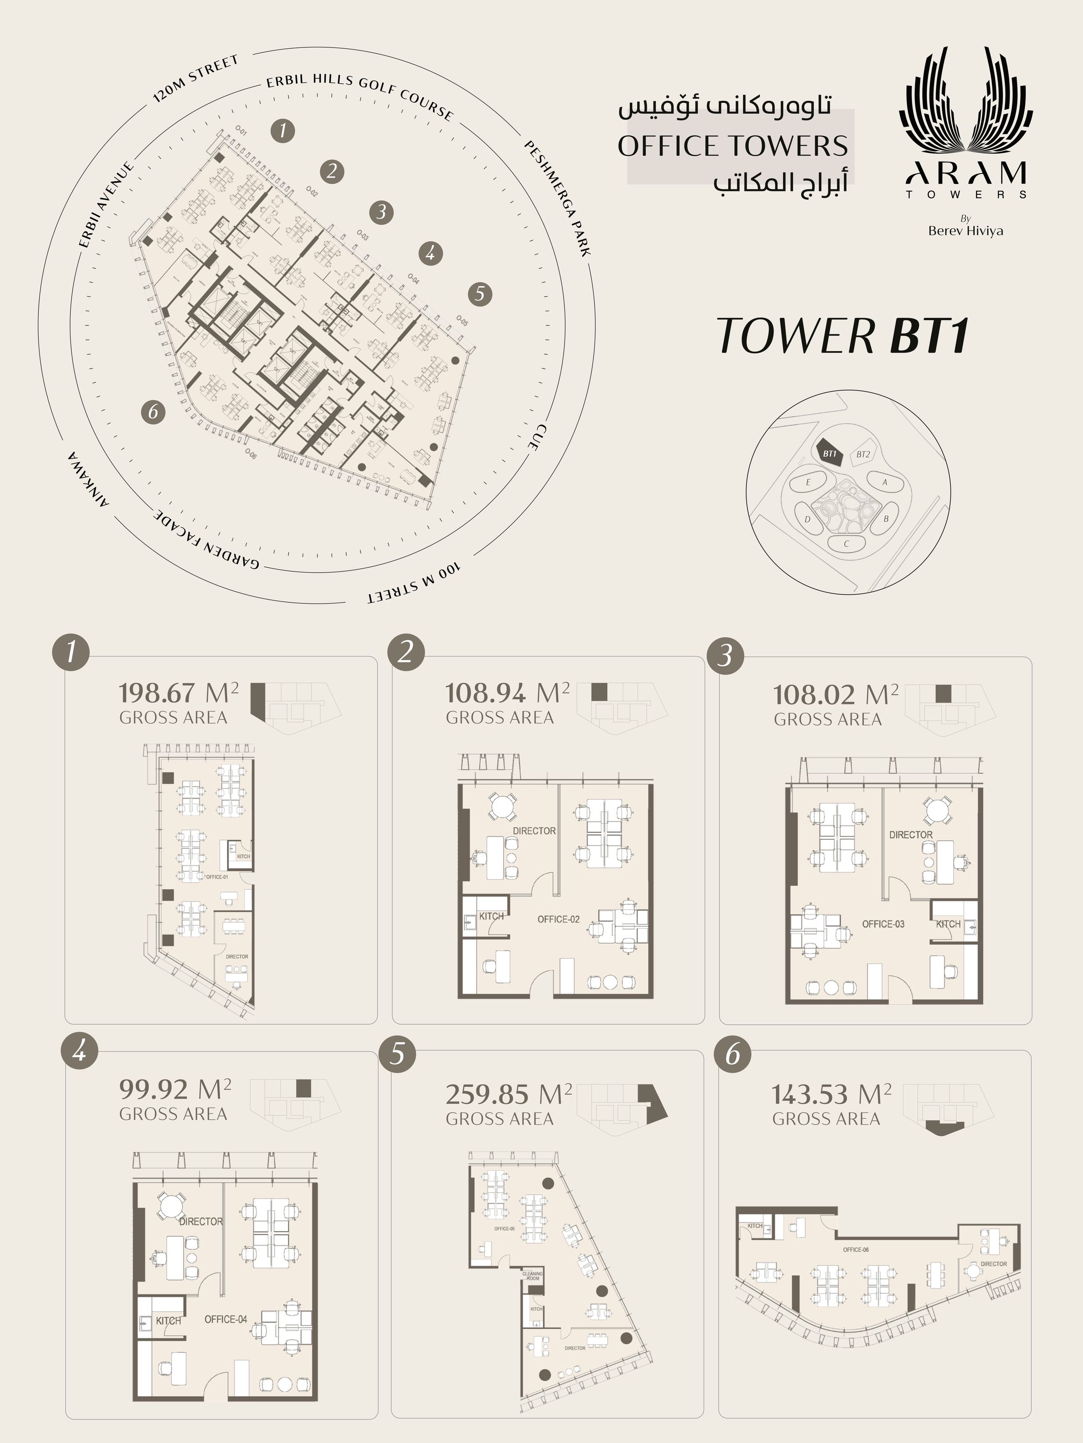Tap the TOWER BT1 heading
(x=842, y=337)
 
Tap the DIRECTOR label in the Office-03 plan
(x=911, y=835)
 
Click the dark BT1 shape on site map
(x=829, y=453)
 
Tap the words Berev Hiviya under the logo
(x=966, y=231)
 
